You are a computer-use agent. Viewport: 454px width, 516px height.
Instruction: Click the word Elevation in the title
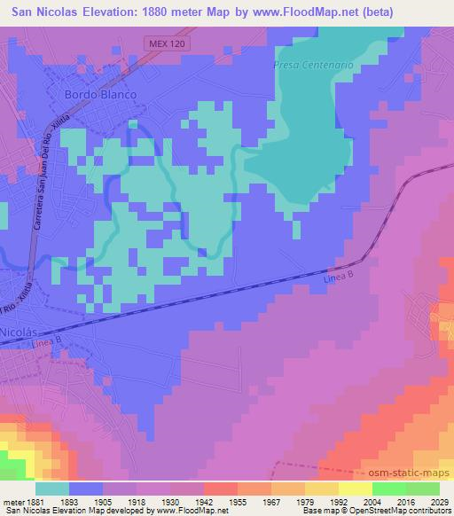118,12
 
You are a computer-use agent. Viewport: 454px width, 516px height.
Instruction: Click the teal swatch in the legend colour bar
52,488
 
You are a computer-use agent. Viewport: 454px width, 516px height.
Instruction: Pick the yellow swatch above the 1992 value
322,488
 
